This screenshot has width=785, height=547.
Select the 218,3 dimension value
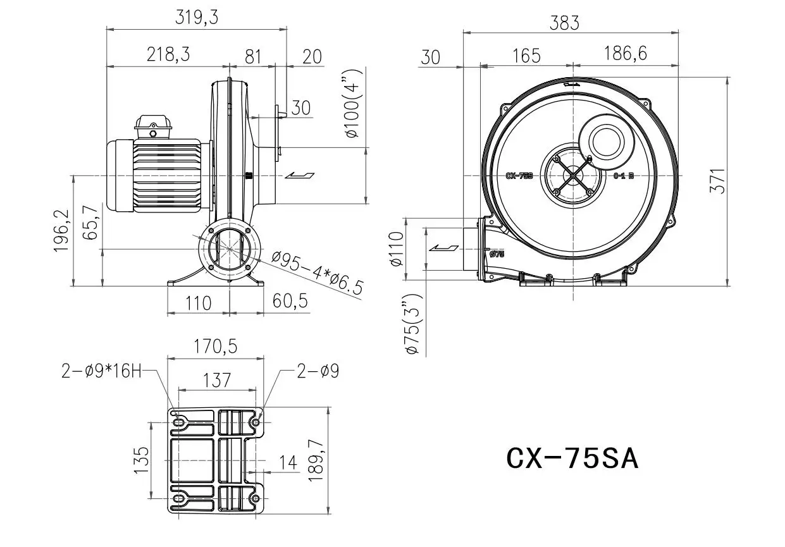pos(168,55)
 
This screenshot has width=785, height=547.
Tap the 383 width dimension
pos(564,23)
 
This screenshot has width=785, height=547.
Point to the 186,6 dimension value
pos(625,53)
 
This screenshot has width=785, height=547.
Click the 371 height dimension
pos(717,181)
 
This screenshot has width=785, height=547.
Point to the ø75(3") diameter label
pos(414,324)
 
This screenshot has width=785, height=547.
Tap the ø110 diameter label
pos(396,249)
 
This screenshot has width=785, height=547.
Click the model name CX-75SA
pos(572,458)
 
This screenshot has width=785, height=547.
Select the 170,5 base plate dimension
pos(215,346)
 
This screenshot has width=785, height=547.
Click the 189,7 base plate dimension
pos(316,461)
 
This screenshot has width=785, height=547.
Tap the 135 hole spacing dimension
pos(143,460)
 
